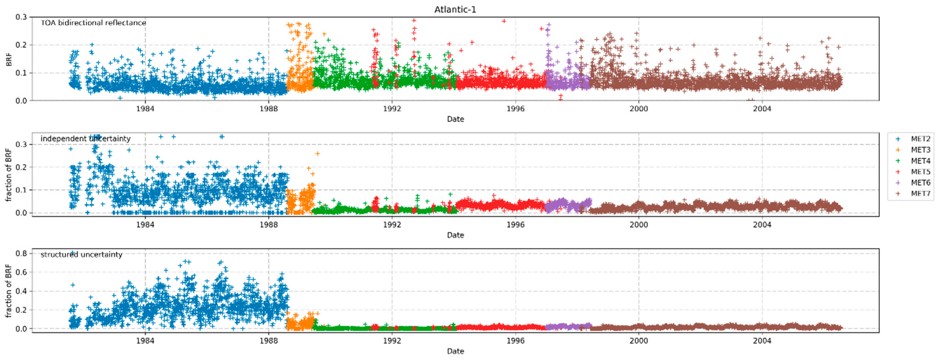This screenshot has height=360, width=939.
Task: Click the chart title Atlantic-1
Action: [455, 10]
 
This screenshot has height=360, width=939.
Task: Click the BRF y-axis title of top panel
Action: [9, 59]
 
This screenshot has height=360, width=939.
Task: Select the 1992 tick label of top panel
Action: [392, 109]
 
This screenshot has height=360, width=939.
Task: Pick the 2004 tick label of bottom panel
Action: [762, 341]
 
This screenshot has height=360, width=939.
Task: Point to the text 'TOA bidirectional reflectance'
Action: [93, 23]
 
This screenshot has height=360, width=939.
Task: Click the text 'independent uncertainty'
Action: [85, 138]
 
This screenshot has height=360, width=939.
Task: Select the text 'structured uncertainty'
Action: [81, 254]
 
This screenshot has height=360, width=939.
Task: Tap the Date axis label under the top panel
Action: [455, 119]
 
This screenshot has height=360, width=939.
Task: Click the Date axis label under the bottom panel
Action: [455, 351]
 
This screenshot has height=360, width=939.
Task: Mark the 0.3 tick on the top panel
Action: [21, 17]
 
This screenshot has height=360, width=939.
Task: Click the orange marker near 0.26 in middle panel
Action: [317, 153]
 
